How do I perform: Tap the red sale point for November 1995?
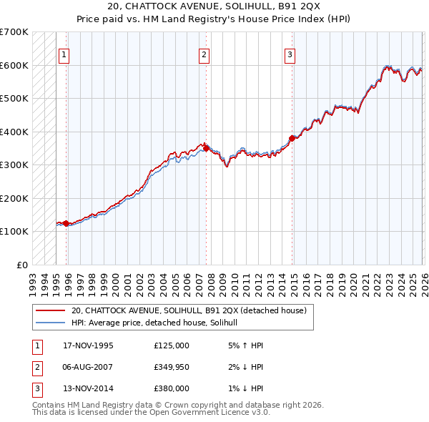[x=66, y=223]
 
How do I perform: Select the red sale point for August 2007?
[x=206, y=148]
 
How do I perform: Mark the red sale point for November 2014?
[x=292, y=138]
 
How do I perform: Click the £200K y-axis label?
[x=14, y=198]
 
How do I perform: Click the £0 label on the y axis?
[x=21, y=265]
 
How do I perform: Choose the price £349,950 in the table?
[x=172, y=367]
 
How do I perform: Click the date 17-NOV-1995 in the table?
[x=88, y=345]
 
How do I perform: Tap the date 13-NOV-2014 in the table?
[x=88, y=388]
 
